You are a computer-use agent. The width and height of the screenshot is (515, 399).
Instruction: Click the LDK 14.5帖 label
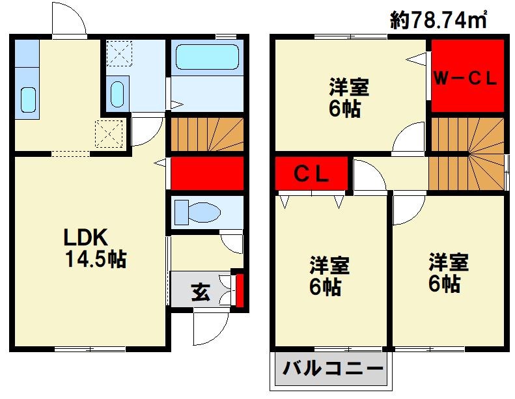pos(95,248)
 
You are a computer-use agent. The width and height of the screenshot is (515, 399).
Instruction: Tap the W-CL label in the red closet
pos(465,78)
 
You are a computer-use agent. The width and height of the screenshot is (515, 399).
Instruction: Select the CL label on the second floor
pos(311,174)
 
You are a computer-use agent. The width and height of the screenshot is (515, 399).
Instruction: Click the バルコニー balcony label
pos(333,368)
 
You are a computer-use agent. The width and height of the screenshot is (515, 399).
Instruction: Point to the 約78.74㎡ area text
pos(438,20)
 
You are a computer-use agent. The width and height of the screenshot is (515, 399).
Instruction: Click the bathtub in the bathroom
pos(207,57)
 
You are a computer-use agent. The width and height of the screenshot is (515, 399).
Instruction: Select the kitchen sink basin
pos(28,100)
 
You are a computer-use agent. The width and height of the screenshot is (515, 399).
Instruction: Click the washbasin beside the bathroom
pos(117,94)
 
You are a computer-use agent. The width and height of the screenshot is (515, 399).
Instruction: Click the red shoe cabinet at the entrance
pos(240,290)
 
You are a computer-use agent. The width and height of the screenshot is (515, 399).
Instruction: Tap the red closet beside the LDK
pos(207,173)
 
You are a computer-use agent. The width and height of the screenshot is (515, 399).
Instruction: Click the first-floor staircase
pos(207,134)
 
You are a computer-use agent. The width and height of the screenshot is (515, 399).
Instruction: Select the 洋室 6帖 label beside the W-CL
pos(348,97)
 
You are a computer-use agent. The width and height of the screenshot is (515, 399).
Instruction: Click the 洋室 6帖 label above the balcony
pos(329,276)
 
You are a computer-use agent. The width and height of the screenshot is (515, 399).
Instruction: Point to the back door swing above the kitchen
pos(69,18)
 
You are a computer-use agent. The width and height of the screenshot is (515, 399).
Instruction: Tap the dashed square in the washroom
pos(119,53)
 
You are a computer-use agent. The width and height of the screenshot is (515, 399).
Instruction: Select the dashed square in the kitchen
pos(109,133)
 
